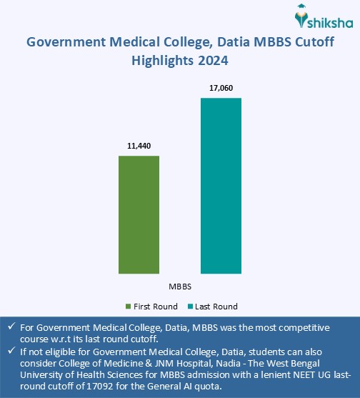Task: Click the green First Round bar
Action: pos(139,214)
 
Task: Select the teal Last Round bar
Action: pos(221,185)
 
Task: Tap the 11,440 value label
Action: pos(139,146)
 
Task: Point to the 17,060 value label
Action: pos(221,88)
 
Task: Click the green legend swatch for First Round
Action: pos(128,307)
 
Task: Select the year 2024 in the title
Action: pos(212,61)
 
